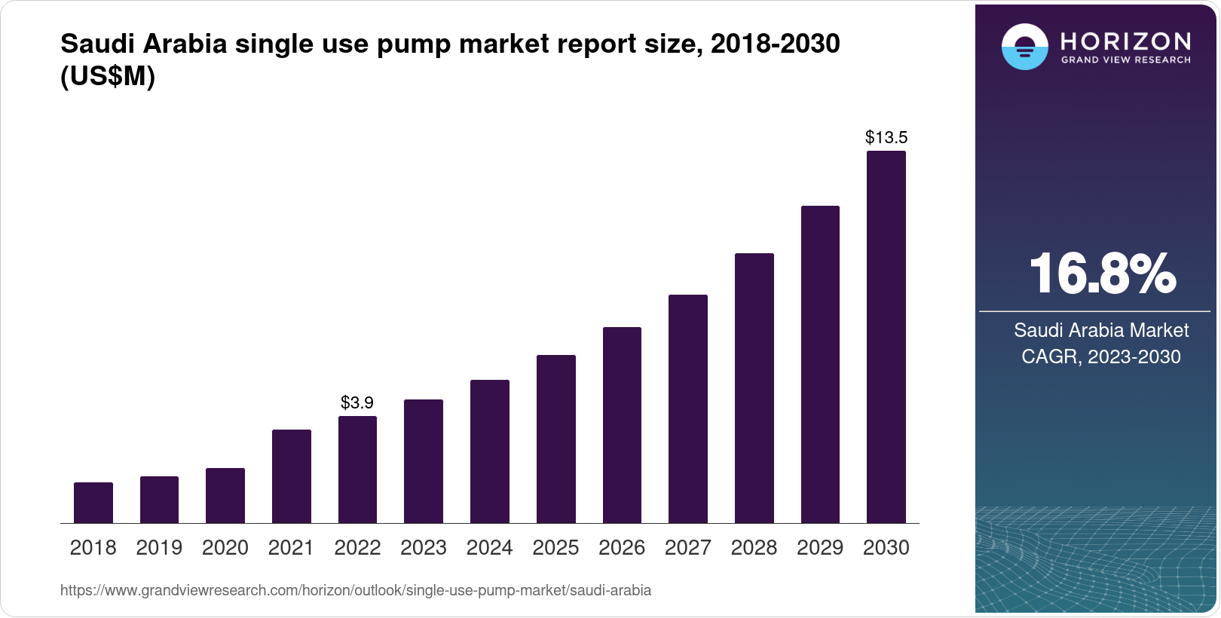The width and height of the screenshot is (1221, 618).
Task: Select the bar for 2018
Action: pos(93,503)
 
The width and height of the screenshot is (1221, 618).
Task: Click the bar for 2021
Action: pos(292,476)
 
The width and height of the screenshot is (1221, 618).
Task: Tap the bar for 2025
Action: pos(556,439)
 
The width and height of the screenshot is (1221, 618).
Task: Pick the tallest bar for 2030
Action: pos(886,337)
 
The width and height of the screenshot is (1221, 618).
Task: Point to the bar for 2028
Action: pos(754,388)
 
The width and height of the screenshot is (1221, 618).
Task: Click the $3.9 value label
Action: pos(357,402)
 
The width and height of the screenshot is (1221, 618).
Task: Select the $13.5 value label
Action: pos(886,137)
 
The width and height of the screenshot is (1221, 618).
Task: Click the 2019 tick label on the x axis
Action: pos(159,548)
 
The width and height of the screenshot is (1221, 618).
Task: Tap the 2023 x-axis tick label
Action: pos(424,548)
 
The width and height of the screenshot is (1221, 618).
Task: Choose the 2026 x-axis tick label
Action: pos(622,548)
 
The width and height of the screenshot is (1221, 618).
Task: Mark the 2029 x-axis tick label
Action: pos(820,548)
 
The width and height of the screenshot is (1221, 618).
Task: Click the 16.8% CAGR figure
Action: pos(1102,274)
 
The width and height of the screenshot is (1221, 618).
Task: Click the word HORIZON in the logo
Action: pos(1126,41)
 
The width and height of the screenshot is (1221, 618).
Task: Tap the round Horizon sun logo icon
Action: pos(1024,47)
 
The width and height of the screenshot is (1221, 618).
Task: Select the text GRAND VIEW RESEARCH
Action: pos(1126,60)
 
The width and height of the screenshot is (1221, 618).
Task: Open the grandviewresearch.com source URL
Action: pos(356,590)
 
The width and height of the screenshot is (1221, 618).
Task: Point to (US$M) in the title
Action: pos(108,76)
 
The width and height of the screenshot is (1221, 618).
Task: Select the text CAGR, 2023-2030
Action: pos(1101,356)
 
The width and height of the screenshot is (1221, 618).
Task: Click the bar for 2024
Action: pos(490,451)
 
